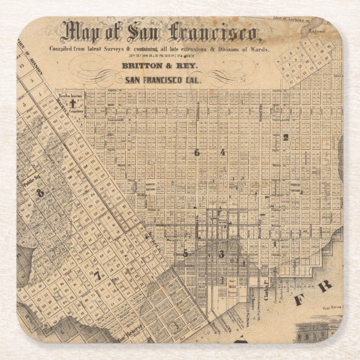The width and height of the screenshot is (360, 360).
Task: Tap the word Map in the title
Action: (x=84, y=32)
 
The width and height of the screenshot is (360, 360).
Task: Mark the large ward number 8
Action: (x=40, y=193)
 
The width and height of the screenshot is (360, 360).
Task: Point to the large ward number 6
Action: (x=196, y=152)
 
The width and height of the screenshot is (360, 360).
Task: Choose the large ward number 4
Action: (x=222, y=152)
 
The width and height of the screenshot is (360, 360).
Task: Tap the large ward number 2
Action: (x=285, y=137)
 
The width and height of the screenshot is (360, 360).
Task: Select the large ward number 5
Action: (x=185, y=253)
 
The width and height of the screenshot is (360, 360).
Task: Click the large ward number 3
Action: (x=221, y=254)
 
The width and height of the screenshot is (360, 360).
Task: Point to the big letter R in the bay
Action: (x=324, y=286)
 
